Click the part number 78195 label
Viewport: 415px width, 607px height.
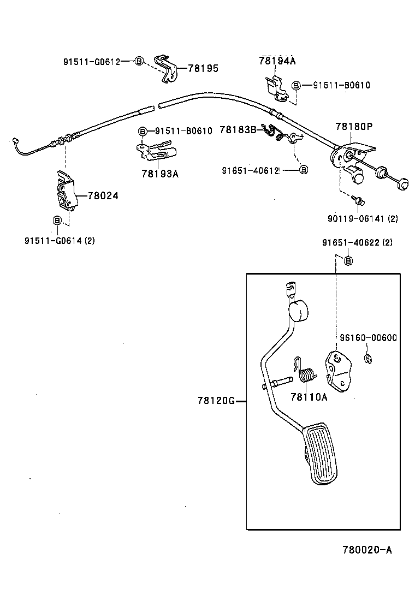point(203,68)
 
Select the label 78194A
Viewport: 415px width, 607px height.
point(277,61)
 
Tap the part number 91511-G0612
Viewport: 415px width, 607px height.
point(91,61)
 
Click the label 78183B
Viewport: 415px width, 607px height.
point(238,129)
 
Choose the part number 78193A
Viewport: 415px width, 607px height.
point(160,174)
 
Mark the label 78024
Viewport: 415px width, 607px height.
point(103,195)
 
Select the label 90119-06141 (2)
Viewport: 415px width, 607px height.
point(363,218)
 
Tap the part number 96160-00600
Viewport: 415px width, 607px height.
point(369,338)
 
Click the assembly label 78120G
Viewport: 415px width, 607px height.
point(216,401)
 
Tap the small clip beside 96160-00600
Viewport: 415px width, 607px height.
point(369,359)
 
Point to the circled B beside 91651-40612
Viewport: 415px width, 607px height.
point(304,170)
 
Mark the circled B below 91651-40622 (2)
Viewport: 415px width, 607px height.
point(348,260)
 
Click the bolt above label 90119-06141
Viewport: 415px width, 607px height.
point(359,203)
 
